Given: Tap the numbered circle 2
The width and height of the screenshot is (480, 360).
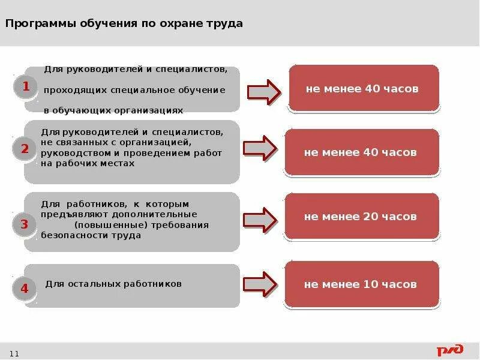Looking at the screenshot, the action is coord(25,149).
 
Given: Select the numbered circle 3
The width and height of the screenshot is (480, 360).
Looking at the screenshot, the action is coord(25,225).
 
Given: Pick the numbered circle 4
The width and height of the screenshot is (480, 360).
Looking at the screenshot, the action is coord(25,289).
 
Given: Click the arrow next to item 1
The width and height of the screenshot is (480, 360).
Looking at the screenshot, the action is coord(264,91).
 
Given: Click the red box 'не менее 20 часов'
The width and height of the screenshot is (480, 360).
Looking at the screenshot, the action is coord(360,217).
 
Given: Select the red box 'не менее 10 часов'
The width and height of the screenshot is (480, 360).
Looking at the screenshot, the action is coord(360,284).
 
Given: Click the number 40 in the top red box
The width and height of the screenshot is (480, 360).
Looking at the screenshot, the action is coord(371,89).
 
